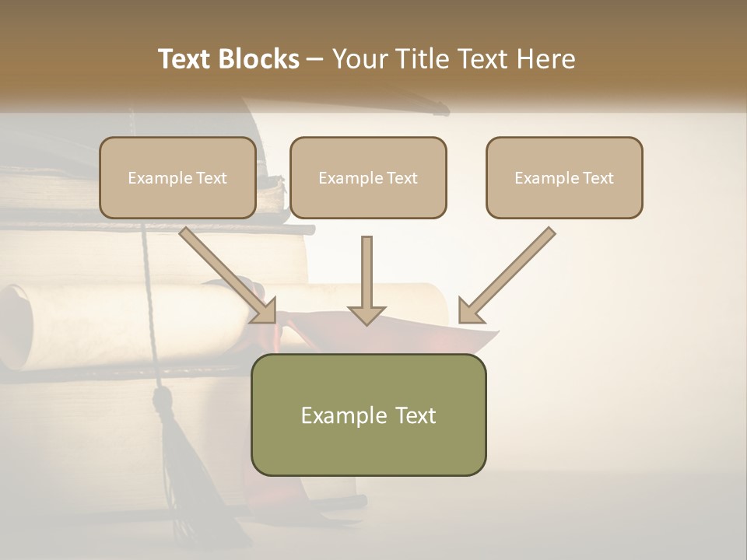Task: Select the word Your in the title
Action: (x=359, y=59)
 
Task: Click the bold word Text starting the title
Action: (x=184, y=59)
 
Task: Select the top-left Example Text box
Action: (x=177, y=177)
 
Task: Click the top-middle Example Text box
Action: (x=368, y=177)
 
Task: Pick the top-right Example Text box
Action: (x=564, y=177)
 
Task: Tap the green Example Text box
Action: (x=368, y=415)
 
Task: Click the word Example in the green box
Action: (x=336, y=415)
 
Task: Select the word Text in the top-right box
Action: (x=598, y=178)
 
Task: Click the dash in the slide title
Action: (x=315, y=59)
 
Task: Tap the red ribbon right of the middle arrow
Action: (x=475, y=338)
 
